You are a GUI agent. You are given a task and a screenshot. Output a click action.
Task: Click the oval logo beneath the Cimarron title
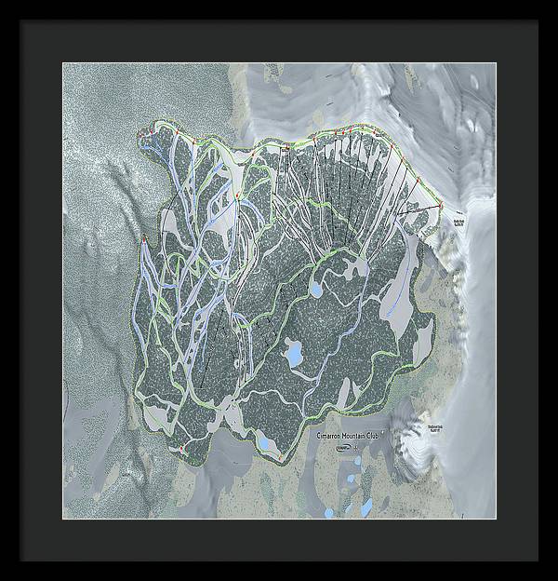click(x=343, y=448)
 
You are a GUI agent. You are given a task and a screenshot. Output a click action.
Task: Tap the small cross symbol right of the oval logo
click(x=356, y=448)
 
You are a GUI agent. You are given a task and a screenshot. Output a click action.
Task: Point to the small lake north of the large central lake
click(x=317, y=290)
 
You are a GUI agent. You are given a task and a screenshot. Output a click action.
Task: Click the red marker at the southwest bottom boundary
click(x=180, y=449)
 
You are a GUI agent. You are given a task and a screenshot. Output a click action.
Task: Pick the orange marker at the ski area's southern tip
click(x=278, y=458)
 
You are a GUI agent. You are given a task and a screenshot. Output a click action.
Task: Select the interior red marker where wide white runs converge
click(x=238, y=196)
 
